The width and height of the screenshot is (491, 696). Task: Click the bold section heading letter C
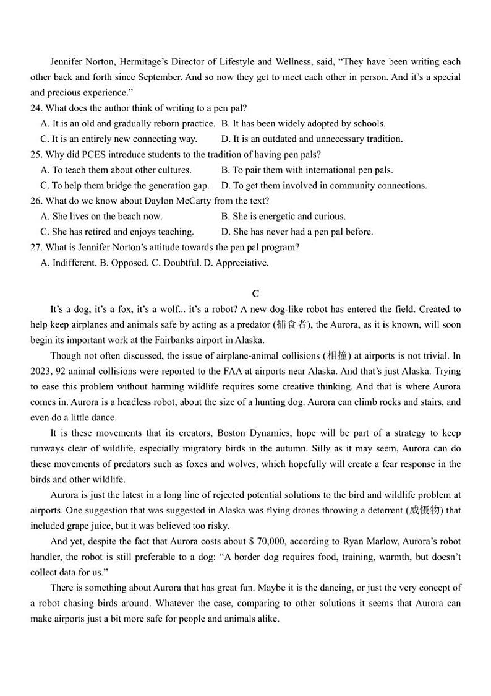click(255, 294)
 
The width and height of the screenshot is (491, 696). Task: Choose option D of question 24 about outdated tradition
click(312, 139)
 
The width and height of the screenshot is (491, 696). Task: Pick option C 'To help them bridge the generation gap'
click(125, 185)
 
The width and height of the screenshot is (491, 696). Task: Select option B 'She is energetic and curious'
click(283, 216)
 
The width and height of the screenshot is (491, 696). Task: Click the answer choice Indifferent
click(68, 263)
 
